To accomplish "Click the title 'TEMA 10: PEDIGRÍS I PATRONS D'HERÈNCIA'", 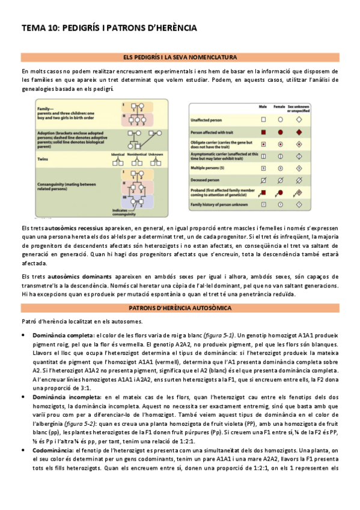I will click(x=109, y=28).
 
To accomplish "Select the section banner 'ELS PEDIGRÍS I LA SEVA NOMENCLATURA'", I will click(x=180, y=57).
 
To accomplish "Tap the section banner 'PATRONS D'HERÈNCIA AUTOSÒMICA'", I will click(x=180, y=307).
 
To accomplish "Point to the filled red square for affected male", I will click(x=263, y=131).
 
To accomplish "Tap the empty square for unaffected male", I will click(x=263, y=119).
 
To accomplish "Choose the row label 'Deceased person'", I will click(x=206, y=180).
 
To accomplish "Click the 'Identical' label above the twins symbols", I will click(x=117, y=155).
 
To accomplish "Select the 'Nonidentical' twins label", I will click(x=136, y=155).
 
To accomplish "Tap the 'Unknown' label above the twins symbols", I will click(x=155, y=155).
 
